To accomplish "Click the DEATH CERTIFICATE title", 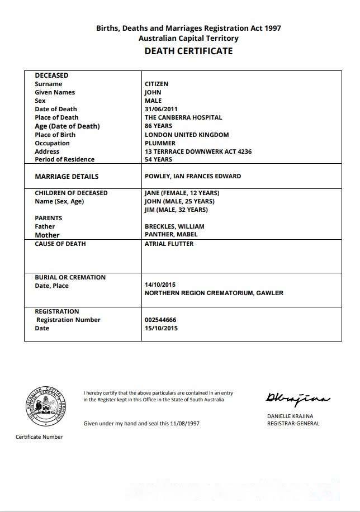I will (188, 51).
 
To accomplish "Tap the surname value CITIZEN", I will (157, 84).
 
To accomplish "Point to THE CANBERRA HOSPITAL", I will (183, 117).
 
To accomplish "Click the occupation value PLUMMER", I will (160, 143).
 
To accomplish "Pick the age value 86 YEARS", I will (159, 126).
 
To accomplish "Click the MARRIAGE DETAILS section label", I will (67, 177).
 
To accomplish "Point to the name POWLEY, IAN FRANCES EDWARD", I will (193, 176).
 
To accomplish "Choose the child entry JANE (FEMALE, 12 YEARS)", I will (178, 193).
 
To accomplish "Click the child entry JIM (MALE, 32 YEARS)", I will (176, 210).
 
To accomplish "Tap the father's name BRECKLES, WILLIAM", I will (174, 226).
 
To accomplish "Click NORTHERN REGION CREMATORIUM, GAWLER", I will (214, 293).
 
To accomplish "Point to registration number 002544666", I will (160, 320).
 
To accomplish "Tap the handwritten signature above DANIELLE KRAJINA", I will (297, 398).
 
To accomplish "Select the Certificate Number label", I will (39, 437).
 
